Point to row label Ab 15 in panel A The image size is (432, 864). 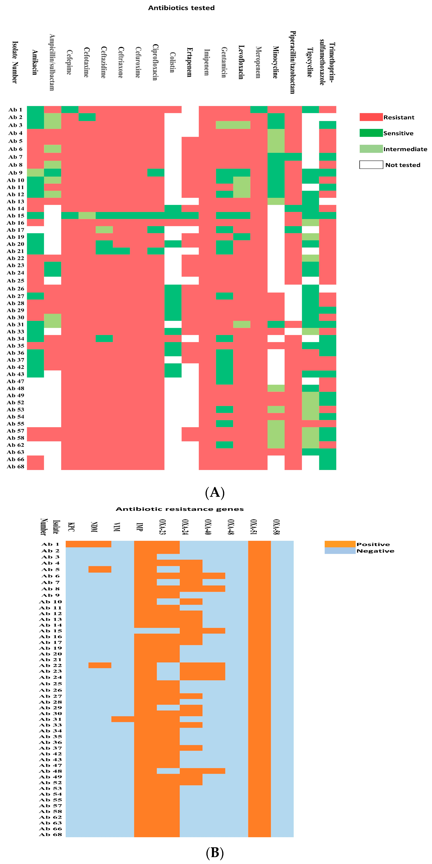(x=16, y=216)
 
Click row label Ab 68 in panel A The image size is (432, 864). (x=16, y=467)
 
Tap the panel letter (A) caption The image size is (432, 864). (x=215, y=492)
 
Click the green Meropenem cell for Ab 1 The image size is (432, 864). (x=259, y=109)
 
